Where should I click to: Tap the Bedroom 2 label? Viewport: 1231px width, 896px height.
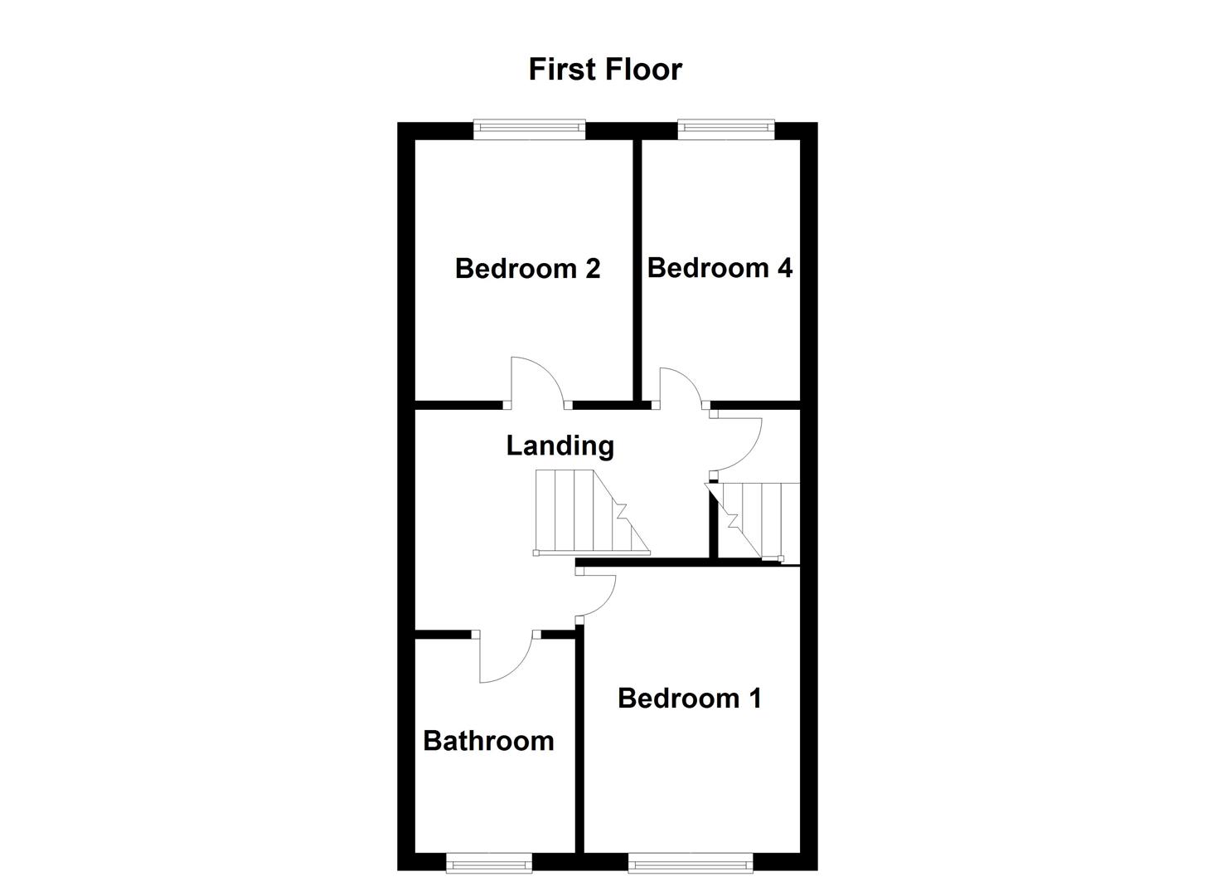point(527,269)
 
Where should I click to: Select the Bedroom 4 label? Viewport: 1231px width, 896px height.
point(719,268)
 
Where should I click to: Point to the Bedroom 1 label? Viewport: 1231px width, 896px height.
point(689,699)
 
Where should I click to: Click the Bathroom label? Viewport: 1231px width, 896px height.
point(488,740)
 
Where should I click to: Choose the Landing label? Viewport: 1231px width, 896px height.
point(560,446)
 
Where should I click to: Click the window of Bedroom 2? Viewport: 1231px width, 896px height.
point(530,128)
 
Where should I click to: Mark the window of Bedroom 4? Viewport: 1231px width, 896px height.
point(725,128)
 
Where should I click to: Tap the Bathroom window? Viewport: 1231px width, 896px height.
point(489,865)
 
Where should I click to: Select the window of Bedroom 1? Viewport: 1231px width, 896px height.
point(691,865)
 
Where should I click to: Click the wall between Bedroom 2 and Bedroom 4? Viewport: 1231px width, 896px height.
point(638,270)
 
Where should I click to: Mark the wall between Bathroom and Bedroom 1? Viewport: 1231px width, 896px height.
point(579,738)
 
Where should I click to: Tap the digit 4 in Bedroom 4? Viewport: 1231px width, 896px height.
point(783,268)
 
